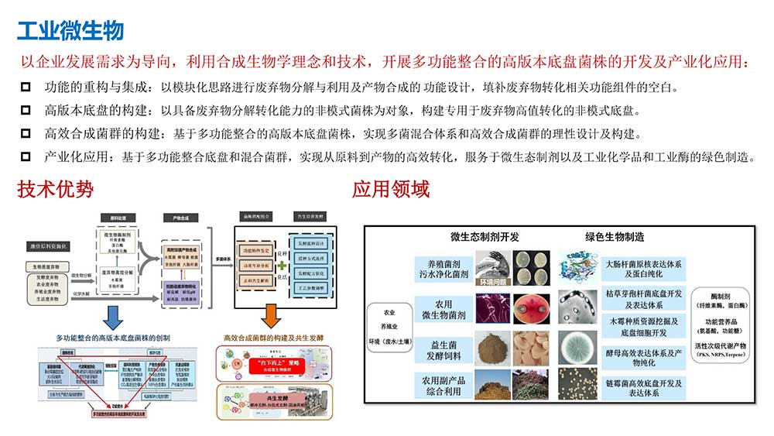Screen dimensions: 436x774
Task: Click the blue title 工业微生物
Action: (70, 31)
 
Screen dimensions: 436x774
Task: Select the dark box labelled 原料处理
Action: (119, 219)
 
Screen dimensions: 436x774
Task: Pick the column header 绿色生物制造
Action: (615, 237)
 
